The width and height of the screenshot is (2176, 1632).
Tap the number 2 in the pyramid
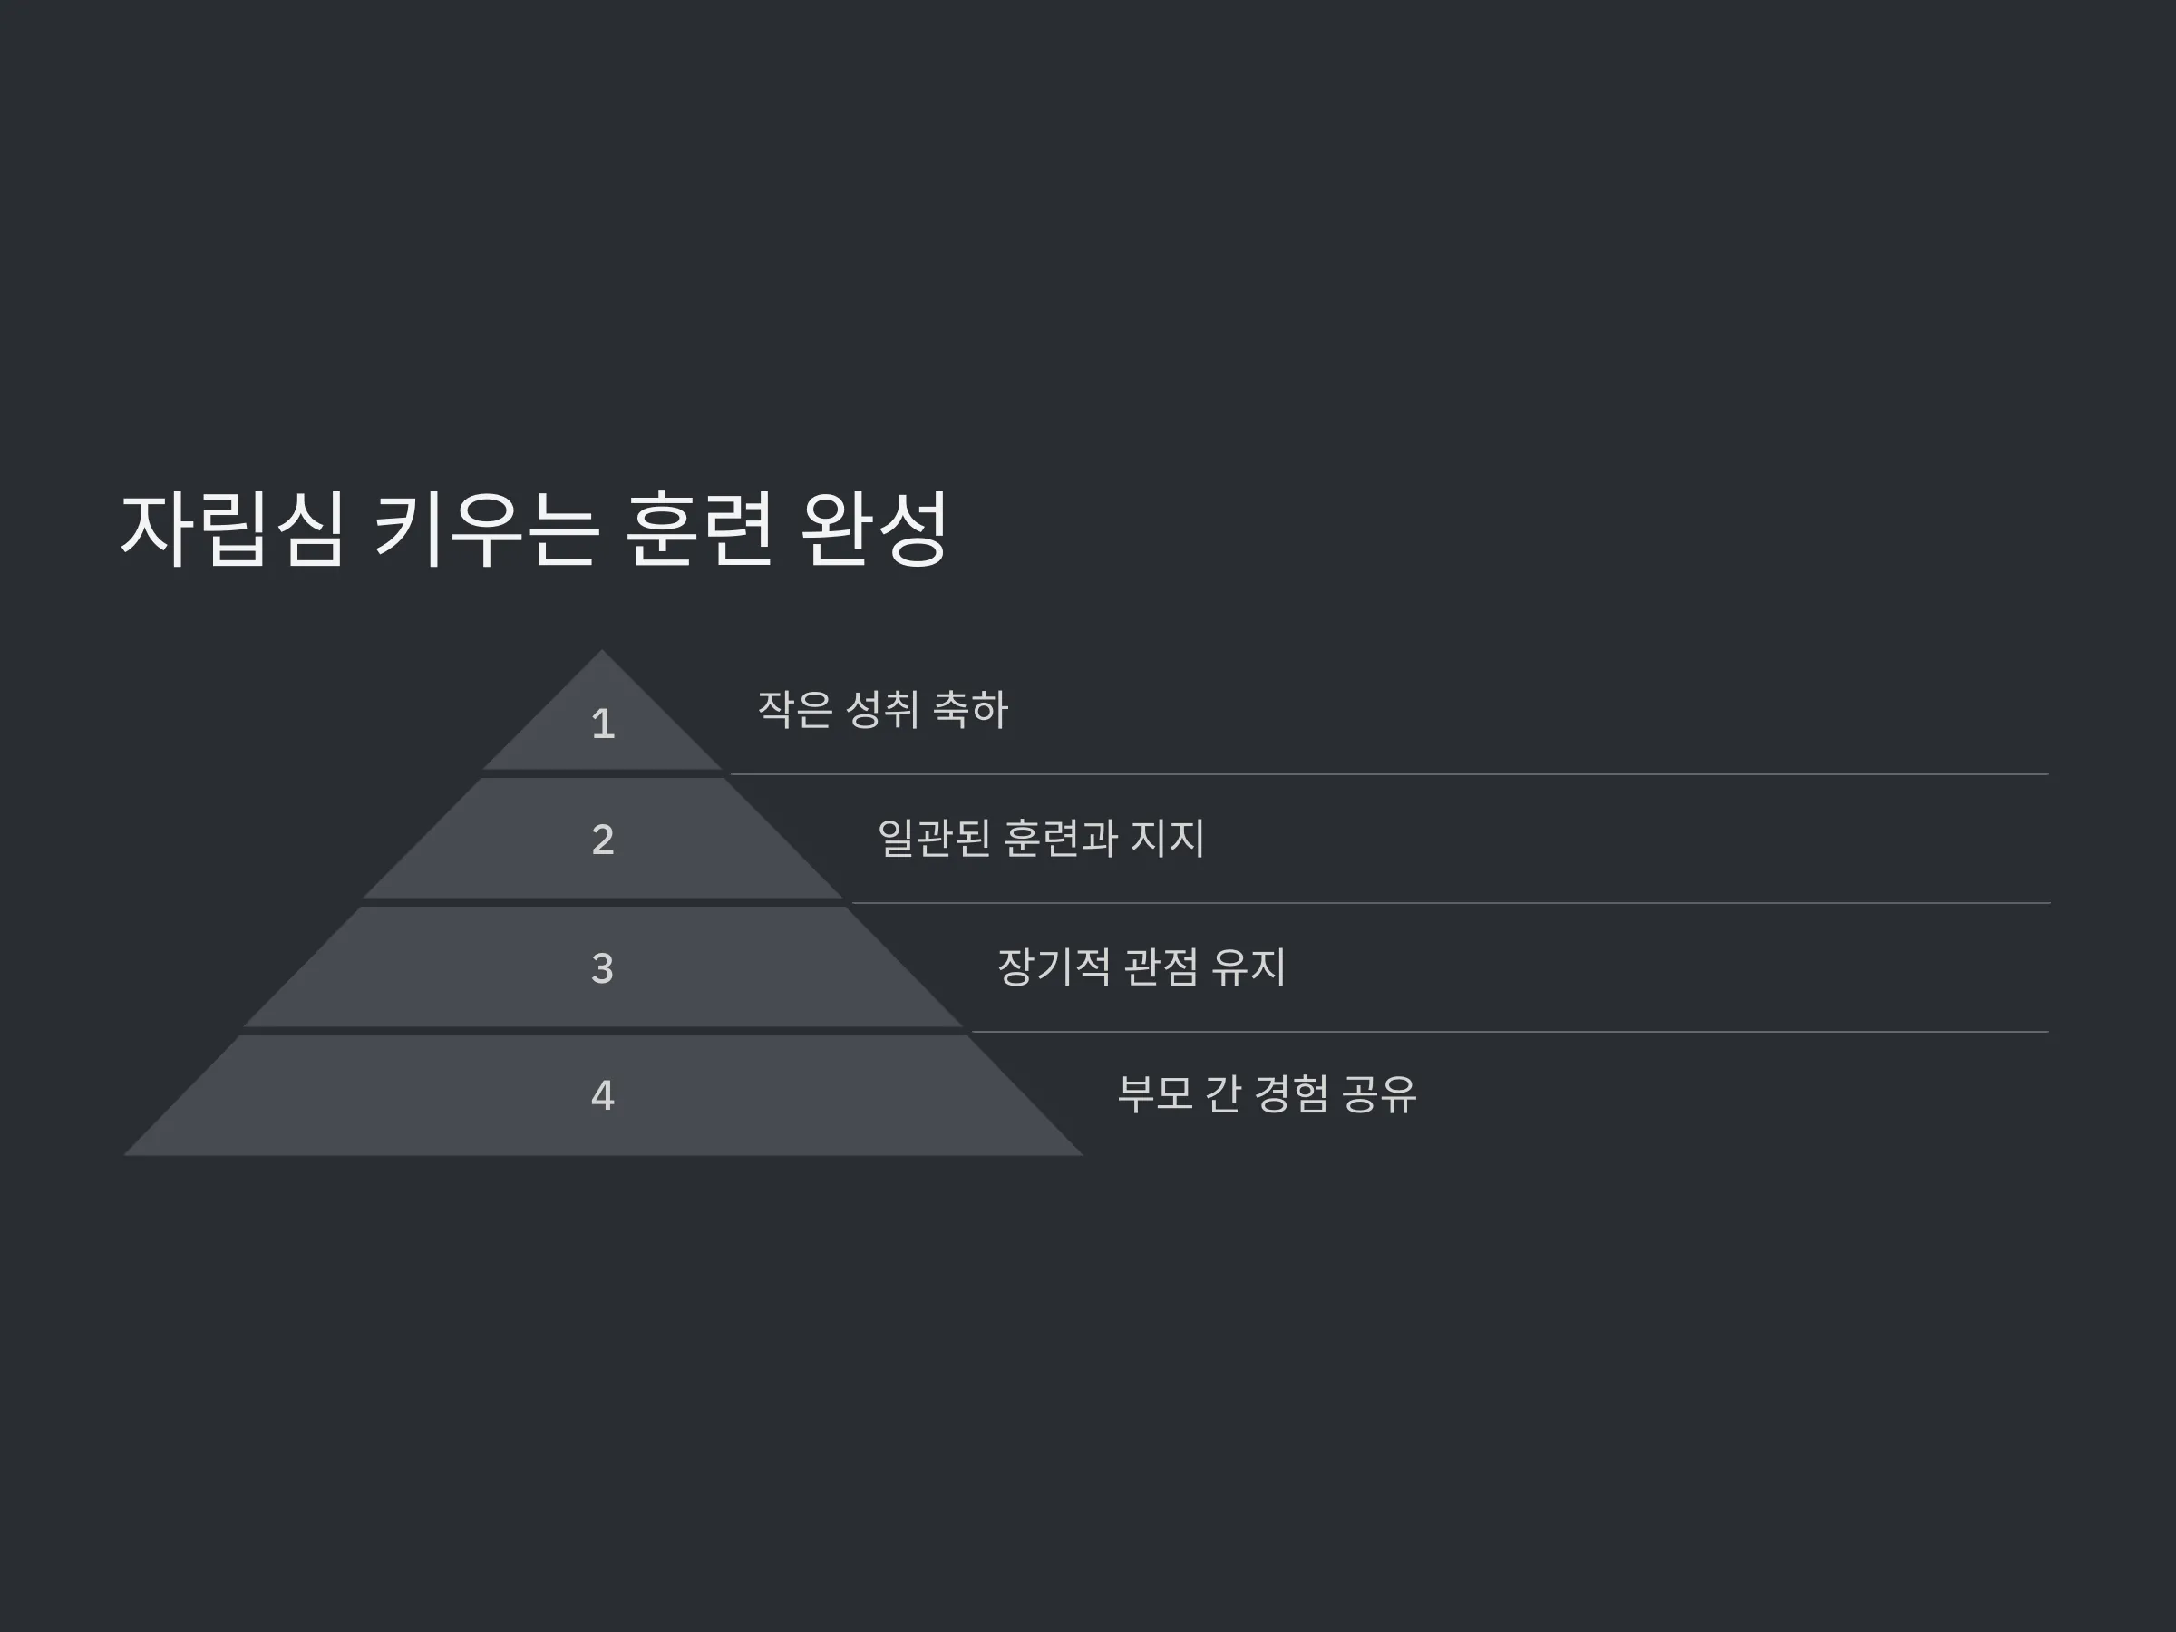(x=603, y=839)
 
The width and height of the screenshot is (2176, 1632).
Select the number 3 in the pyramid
(x=603, y=968)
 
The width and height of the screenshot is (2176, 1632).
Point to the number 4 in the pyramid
(x=603, y=1096)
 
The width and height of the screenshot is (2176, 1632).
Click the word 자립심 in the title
(x=232, y=529)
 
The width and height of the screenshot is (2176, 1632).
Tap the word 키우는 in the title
(x=486, y=529)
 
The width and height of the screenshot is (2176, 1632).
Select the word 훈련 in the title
(x=699, y=529)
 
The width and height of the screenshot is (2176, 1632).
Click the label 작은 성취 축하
(x=882, y=709)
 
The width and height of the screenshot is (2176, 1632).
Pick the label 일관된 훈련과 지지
(x=1041, y=838)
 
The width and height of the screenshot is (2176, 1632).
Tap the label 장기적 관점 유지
(x=1141, y=967)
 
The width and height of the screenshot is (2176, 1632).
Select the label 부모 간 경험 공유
(x=1267, y=1094)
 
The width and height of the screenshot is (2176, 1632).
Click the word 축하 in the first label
(x=970, y=709)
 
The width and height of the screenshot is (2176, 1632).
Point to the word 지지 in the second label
(x=1168, y=838)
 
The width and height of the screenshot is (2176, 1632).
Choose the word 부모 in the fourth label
(x=1156, y=1094)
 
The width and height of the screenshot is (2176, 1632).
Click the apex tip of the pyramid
(x=602, y=650)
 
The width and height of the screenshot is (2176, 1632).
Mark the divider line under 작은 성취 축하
(x=1389, y=774)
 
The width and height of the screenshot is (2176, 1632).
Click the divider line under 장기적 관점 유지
(x=1510, y=1032)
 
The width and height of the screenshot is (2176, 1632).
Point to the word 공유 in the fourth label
(x=1379, y=1094)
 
